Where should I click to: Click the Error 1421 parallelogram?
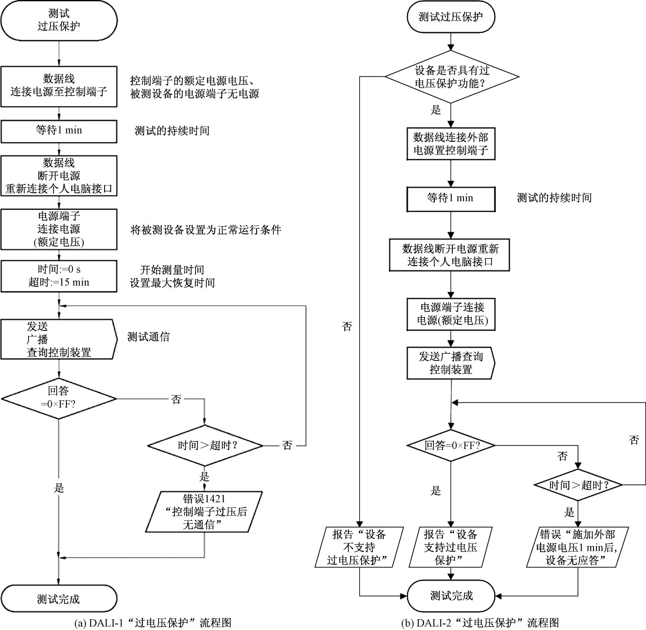[x=204, y=512]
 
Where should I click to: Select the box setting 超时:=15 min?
[x=59, y=276]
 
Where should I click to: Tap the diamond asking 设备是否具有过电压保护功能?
[x=452, y=77]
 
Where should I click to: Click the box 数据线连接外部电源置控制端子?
[x=451, y=144]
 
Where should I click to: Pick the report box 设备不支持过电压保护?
[x=359, y=547]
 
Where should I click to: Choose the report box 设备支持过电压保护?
[x=450, y=547]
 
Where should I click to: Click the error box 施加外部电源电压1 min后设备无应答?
[x=577, y=547]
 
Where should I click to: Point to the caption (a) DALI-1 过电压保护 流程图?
[x=153, y=623]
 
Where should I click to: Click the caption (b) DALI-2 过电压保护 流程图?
[x=480, y=623]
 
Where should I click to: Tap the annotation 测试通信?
[x=149, y=337]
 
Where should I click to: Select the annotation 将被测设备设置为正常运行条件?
[x=206, y=230]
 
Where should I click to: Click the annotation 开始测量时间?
[x=172, y=270]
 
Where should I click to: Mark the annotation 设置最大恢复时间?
[x=172, y=283]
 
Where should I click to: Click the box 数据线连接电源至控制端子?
[x=59, y=87]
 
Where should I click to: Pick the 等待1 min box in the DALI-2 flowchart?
[x=451, y=199]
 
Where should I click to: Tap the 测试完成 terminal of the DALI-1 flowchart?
[x=59, y=599]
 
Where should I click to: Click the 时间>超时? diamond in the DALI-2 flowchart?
[x=578, y=485]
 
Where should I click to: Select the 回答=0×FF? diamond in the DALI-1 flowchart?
[x=59, y=399]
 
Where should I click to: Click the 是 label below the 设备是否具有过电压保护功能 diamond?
[x=436, y=110]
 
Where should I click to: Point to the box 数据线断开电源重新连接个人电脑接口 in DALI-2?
[x=449, y=255]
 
